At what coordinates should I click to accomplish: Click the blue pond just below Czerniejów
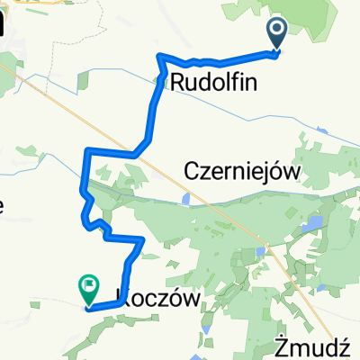pyautogui.click(x=185, y=197)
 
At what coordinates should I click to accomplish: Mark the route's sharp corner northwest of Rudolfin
pyautogui.click(x=161, y=57)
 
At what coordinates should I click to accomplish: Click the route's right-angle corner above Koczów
pyautogui.click(x=143, y=238)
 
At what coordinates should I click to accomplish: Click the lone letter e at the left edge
pyautogui.click(x=3, y=207)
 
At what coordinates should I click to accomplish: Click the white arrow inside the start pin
pyautogui.click(x=276, y=31)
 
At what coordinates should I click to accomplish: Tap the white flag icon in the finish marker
pyautogui.click(x=90, y=287)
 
